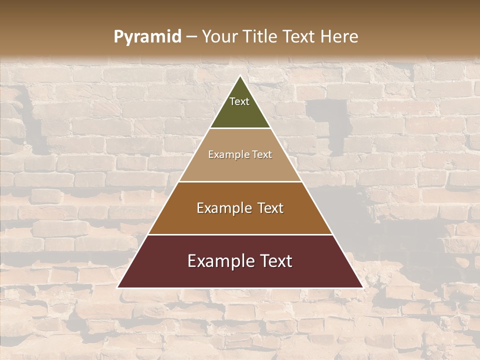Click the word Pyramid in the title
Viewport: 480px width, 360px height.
point(147,37)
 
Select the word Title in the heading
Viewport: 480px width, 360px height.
point(259,36)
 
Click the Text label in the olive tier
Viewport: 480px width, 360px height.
point(239,101)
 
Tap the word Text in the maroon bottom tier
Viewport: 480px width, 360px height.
point(275,261)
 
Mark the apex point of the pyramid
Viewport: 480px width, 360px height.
point(240,76)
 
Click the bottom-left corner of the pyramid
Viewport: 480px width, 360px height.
point(118,287)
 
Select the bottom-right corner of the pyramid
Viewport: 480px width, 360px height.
point(362,287)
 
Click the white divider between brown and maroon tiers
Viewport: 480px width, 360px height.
point(240,234)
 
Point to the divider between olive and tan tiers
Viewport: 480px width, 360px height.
point(240,128)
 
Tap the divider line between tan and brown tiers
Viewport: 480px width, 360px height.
point(240,181)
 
